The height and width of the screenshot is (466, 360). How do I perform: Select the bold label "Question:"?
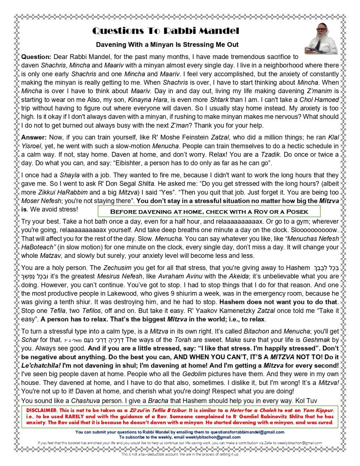click(36, 57)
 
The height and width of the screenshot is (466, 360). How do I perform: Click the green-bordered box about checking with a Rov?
click(209, 212)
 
